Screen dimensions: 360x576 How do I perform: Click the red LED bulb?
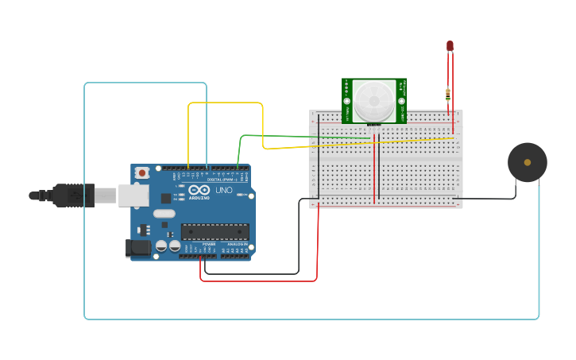(x=450, y=46)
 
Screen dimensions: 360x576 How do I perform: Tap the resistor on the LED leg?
(x=450, y=95)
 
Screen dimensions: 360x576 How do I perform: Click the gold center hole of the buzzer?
(x=528, y=162)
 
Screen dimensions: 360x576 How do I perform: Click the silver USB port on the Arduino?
(x=133, y=195)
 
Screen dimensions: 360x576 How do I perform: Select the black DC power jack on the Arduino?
(x=138, y=248)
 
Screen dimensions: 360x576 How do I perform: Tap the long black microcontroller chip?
(x=215, y=231)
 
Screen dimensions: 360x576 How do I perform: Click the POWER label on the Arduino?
(x=208, y=244)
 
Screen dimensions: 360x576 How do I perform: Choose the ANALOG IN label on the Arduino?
(x=236, y=244)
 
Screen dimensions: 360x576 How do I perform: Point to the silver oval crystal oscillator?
(x=164, y=213)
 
